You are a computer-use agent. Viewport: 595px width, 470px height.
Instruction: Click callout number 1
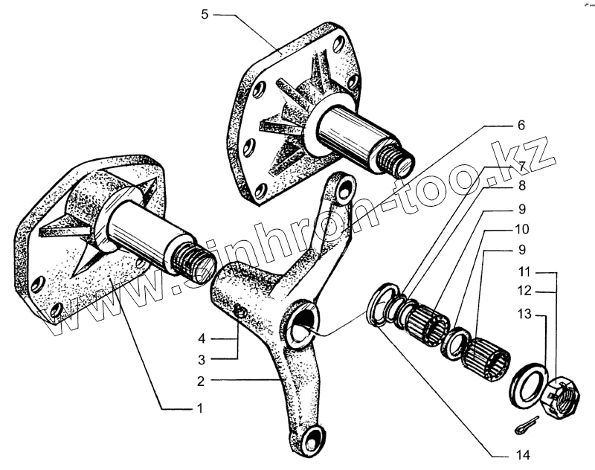[x=198, y=408]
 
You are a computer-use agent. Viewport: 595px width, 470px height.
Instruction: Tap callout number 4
[x=201, y=339]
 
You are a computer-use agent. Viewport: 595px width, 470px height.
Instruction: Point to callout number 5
[x=206, y=14]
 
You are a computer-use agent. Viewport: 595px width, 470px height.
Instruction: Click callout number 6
[x=521, y=124]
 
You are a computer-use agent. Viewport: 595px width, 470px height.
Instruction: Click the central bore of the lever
[x=303, y=324]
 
